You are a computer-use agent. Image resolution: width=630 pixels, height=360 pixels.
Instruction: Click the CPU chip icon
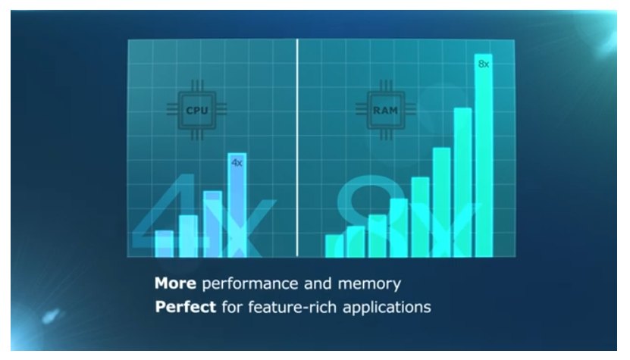[x=197, y=110]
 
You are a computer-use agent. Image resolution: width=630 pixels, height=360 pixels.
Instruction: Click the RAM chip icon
[x=386, y=110]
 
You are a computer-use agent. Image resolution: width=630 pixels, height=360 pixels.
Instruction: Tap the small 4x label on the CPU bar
[x=237, y=163]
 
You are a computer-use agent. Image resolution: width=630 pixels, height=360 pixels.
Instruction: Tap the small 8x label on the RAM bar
[x=484, y=64]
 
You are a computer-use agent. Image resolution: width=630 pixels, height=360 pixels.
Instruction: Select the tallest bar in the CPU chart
[x=237, y=205]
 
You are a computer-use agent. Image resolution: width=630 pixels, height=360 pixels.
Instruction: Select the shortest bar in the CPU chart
[x=164, y=244]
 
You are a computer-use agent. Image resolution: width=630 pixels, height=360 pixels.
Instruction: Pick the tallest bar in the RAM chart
[x=484, y=155]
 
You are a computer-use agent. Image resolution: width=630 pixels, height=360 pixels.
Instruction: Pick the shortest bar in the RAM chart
[x=334, y=246]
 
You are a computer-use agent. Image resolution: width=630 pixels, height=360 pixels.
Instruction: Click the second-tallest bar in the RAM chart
[x=462, y=183]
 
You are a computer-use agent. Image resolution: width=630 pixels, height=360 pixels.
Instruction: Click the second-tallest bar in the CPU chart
[x=212, y=224]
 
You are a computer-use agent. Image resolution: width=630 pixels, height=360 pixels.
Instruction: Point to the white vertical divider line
[x=297, y=148]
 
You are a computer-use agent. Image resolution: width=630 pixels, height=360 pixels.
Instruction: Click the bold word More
[x=175, y=283]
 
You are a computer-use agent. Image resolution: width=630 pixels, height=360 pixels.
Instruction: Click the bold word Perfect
[x=186, y=307]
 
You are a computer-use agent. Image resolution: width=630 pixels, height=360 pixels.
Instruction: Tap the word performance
[x=250, y=284]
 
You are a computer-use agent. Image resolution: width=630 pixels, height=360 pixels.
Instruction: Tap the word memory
[x=369, y=284]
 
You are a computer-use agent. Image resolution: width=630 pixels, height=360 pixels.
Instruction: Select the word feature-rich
[x=292, y=308]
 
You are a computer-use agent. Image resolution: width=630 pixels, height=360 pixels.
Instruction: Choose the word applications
[x=387, y=308]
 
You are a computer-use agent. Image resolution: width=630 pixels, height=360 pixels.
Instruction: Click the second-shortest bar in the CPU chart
[x=189, y=236]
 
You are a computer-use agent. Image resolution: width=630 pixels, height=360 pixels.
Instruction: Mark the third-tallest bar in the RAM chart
[x=441, y=202]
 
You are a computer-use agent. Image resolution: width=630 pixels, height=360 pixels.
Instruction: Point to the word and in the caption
[x=318, y=283]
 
